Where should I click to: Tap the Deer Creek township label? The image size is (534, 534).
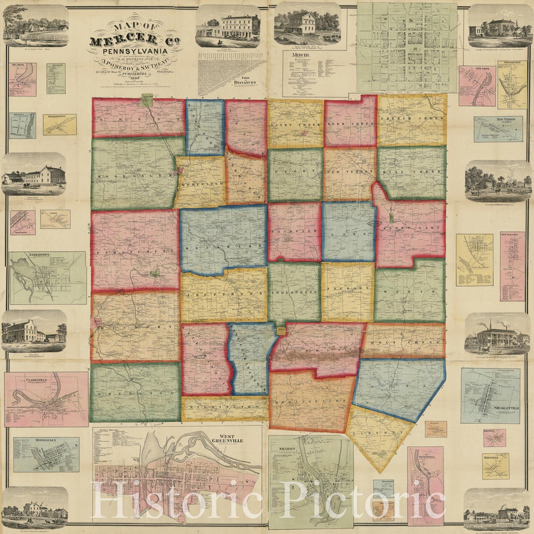[349, 125]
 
